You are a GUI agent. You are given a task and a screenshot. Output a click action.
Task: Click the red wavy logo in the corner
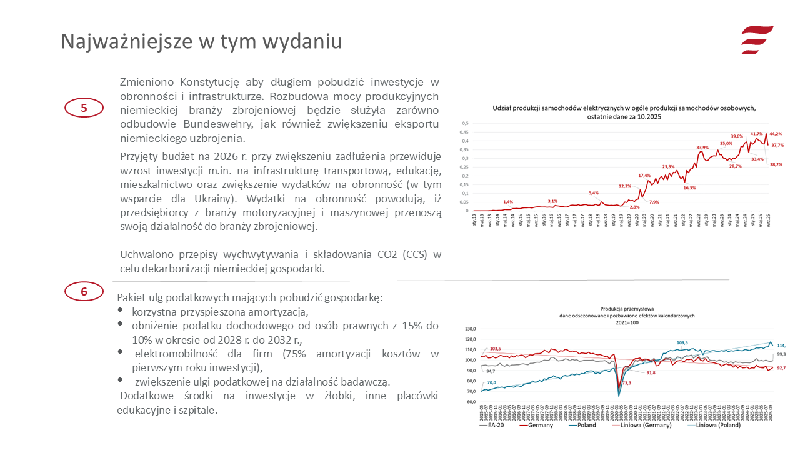click(757, 40)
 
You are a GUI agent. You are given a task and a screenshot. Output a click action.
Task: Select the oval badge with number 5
click(84, 108)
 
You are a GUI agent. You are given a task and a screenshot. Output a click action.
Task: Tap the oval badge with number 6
click(84, 291)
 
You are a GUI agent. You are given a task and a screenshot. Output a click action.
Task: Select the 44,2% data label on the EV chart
click(776, 134)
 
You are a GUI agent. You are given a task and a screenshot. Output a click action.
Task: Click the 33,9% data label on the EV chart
click(702, 147)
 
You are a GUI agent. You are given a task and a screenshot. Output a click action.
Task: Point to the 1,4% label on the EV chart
click(508, 202)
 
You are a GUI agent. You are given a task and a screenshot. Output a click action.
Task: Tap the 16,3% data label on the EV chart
click(689, 188)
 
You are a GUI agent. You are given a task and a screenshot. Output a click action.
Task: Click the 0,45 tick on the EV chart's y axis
click(464, 132)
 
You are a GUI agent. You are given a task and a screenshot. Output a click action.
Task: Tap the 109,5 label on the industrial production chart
click(682, 342)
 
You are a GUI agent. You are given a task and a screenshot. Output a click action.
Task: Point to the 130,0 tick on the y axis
click(470, 329)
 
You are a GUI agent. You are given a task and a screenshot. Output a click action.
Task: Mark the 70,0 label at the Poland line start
click(492, 382)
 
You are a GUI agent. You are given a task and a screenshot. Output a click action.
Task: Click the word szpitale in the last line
click(199, 411)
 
